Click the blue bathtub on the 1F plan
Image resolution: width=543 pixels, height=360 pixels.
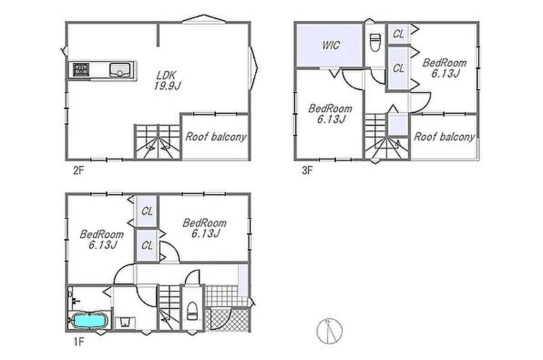pos(90,320)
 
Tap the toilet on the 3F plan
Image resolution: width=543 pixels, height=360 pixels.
pos(375,43)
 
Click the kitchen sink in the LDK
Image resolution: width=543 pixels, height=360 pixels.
pos(120,70)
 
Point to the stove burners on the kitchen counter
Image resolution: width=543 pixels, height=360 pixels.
pos(81,70)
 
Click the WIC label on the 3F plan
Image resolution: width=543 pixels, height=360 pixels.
pos(331,45)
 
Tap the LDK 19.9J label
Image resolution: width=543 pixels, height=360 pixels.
pos(168,81)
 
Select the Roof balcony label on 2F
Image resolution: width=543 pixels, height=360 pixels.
pos(216,137)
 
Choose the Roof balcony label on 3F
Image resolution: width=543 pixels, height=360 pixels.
pos(444,137)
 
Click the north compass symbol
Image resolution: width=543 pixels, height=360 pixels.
pos(329,331)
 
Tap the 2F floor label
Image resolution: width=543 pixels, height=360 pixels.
pos(79,171)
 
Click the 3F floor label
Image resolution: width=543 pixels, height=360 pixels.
pos(307,171)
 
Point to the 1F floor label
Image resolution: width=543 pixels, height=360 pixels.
pos(79,342)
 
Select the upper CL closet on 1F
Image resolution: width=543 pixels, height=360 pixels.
pos(146,211)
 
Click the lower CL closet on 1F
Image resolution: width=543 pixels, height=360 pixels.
pos(146,245)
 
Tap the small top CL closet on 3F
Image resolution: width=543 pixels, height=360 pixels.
pos(398,34)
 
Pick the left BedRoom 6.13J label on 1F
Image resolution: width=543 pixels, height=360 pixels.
pos(102,240)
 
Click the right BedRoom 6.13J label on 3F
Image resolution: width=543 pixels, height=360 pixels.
pos(444,68)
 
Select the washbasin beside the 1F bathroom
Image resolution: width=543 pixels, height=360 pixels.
pos(125,322)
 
